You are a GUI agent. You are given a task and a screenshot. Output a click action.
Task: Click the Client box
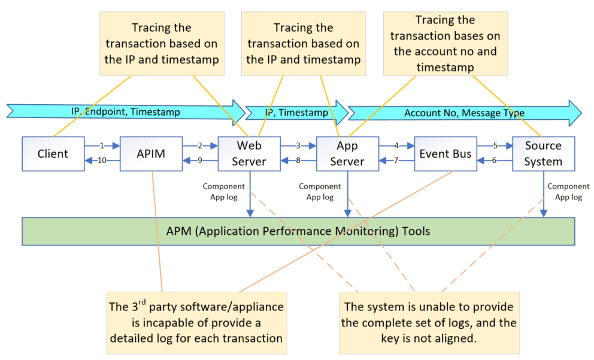click(x=53, y=153)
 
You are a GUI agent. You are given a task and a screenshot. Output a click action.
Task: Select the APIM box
click(x=151, y=153)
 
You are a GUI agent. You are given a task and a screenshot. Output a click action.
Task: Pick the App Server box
click(x=347, y=153)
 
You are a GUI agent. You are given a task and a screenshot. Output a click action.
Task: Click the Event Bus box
click(x=445, y=153)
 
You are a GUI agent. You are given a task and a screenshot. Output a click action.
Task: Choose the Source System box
click(x=543, y=153)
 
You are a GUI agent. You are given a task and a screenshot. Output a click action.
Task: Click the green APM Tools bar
click(x=298, y=231)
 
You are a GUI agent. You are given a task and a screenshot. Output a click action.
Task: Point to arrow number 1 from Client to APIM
click(x=102, y=146)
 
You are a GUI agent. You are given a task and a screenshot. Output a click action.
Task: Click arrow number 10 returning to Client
click(x=102, y=161)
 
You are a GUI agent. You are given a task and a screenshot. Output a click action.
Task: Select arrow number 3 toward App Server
click(x=298, y=146)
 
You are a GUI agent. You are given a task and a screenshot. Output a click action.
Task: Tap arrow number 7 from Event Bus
click(x=396, y=161)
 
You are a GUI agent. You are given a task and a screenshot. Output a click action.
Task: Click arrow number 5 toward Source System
click(x=495, y=146)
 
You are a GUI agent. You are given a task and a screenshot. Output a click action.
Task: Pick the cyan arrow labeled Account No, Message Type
click(x=464, y=113)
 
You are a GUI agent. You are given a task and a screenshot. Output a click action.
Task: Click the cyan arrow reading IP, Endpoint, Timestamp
click(x=126, y=111)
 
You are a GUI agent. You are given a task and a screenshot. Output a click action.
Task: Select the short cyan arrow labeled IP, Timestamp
click(x=296, y=112)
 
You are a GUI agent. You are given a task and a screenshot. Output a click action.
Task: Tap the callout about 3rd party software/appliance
click(x=196, y=322)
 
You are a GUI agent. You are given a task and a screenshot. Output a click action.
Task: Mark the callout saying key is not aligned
click(x=429, y=322)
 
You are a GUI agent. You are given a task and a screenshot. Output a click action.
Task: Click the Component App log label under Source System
click(x=568, y=192)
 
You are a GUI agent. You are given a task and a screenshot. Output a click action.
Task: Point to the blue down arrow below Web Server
click(x=250, y=195)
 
